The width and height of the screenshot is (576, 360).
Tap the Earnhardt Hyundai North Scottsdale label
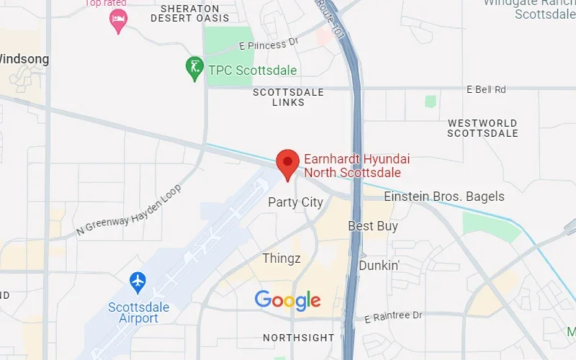pyautogui.click(x=352, y=166)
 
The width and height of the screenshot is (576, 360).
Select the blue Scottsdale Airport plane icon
pyautogui.click(x=138, y=281)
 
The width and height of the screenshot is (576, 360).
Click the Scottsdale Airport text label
pyautogui.click(x=138, y=313)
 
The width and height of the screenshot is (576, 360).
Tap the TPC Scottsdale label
pyautogui.click(x=252, y=71)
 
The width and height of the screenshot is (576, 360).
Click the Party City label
pyautogui.click(x=295, y=202)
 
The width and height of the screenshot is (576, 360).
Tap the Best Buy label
pyautogui.click(x=373, y=226)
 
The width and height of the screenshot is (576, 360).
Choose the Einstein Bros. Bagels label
pyautogui.click(x=444, y=197)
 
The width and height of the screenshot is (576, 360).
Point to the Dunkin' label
pyautogui.click(x=379, y=265)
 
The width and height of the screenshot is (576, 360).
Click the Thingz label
pyautogui.click(x=282, y=258)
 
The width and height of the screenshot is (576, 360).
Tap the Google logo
pyautogui.click(x=287, y=300)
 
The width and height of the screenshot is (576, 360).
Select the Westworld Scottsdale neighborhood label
pyautogui.click(x=482, y=128)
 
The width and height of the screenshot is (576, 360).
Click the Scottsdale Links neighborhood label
pyautogui.click(x=288, y=97)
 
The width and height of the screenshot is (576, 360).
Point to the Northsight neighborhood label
pyautogui.click(x=298, y=338)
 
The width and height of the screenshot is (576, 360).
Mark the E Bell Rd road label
pyautogui.click(x=486, y=89)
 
